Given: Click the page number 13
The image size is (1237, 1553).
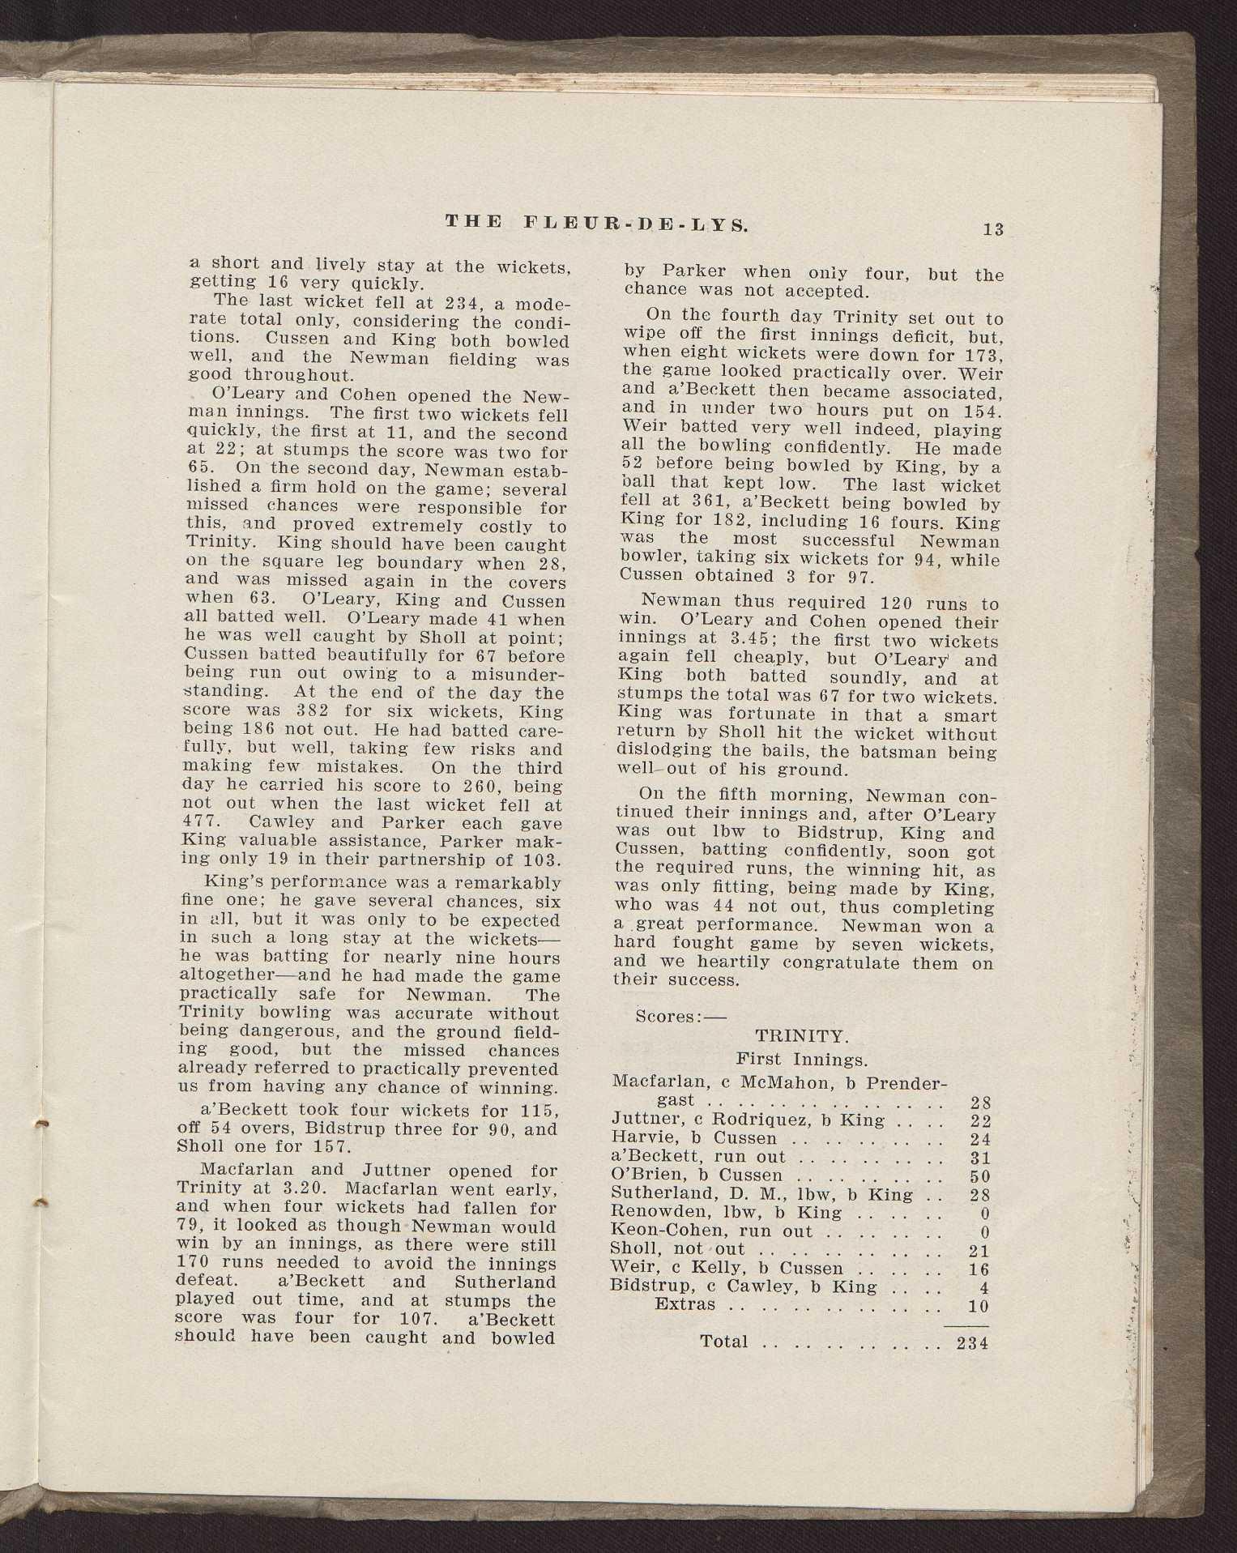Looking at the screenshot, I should pos(992,229).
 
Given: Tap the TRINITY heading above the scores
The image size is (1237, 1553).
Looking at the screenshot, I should pos(801,1036).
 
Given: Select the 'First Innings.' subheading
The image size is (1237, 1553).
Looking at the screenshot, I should pos(801,1059).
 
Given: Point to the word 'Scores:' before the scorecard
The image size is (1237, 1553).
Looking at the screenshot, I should pos(669,1016).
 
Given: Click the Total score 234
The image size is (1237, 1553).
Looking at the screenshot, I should pos(972,1342).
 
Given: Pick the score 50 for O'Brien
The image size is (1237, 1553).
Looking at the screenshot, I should pos(979,1175).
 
